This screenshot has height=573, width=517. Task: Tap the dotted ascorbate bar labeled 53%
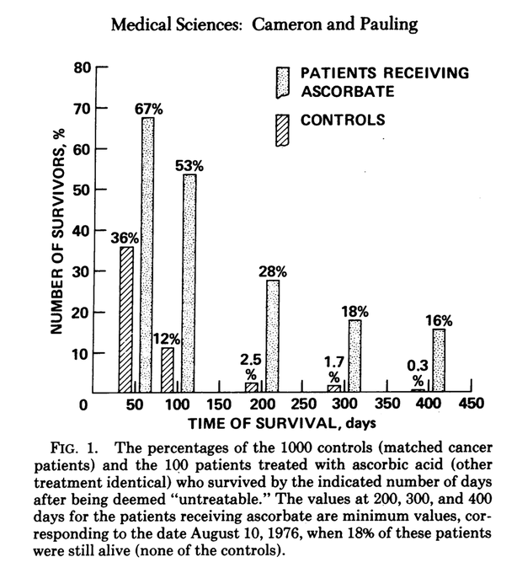click(189, 283)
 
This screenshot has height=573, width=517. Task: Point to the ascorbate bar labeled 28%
click(273, 335)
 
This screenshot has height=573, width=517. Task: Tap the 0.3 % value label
click(417, 372)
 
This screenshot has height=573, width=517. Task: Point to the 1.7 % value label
click(334, 369)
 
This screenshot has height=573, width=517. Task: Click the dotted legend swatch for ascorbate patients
click(282, 83)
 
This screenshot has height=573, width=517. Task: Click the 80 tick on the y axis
click(82, 67)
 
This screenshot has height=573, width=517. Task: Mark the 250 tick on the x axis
click(295, 405)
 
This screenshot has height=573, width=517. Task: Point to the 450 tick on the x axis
click(460, 405)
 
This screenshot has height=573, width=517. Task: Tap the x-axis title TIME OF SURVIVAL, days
click(281, 422)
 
